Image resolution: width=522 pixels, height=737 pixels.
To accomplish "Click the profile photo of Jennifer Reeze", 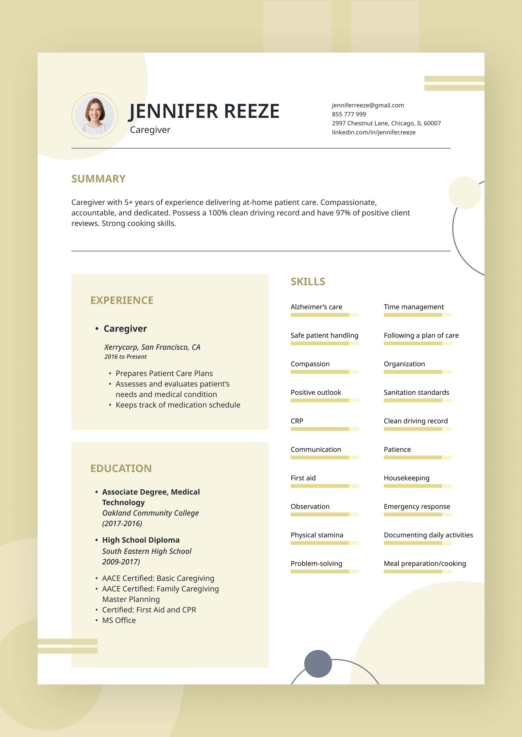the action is pos(95,116).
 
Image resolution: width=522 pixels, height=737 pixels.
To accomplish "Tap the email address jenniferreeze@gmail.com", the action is pos(368,105).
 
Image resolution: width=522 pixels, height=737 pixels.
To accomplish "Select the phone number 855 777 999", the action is pos(349,114).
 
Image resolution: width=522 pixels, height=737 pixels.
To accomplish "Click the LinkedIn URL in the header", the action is pos(374,132).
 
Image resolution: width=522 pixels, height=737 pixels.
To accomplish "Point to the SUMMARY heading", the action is pos(98,179).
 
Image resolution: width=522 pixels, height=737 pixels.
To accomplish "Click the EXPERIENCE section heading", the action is pos(122,300).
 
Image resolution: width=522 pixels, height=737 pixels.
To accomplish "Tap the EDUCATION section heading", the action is pos(121,468).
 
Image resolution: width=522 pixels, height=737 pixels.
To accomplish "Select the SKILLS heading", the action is pos(308,282).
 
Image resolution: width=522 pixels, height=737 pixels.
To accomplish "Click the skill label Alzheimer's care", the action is pos(316,307).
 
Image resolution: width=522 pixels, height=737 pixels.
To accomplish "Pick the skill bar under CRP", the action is pos(325,429).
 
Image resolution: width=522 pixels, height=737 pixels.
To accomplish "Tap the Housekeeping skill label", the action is pos(407,478).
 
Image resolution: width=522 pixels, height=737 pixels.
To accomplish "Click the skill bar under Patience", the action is pos(418,457).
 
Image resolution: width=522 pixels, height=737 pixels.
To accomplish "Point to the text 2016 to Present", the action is pos(125,357).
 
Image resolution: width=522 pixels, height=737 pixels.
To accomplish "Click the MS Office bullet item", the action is pos(119,620).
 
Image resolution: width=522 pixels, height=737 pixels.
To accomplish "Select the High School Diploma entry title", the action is pos(141,540).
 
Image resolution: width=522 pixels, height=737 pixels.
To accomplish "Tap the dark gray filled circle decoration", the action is pos(318,664).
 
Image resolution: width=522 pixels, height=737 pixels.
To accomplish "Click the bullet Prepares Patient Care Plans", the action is pos(164,373).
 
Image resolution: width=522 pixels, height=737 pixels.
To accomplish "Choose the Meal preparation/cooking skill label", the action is pos(425,564).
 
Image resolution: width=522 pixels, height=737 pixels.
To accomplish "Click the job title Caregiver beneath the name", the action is pos(150,130).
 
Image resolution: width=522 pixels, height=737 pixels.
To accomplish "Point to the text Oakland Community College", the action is pos(150,513).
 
